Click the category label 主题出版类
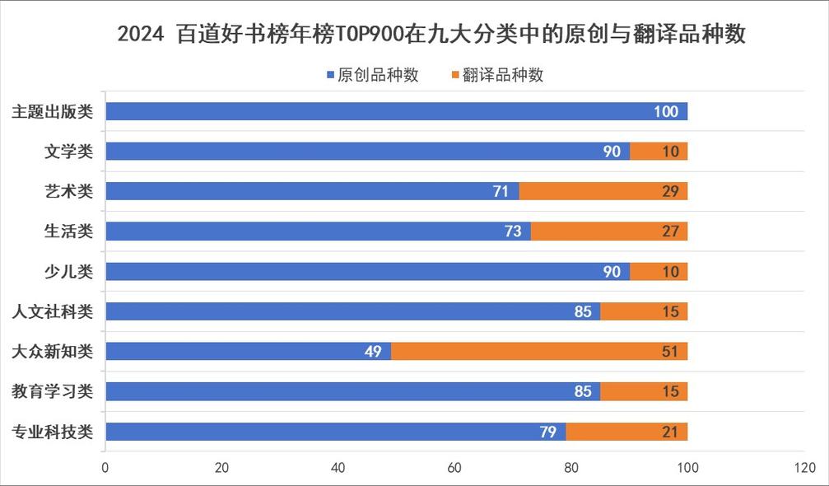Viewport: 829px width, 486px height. pos(52,111)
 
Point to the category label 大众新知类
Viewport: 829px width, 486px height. pos(52,352)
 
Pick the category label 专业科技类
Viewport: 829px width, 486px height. pos(52,432)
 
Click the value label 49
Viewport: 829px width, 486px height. pos(373,352)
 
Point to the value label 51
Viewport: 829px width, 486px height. pos(670,352)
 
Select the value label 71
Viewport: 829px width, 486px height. pos(501,191)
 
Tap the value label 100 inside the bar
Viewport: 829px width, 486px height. pos(666,111)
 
